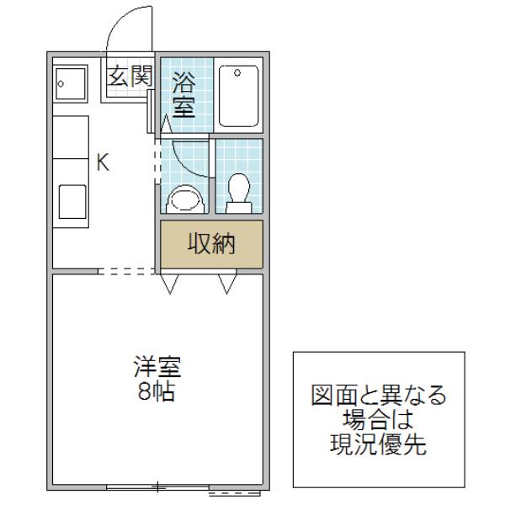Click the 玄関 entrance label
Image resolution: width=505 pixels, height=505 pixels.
click(x=130, y=76)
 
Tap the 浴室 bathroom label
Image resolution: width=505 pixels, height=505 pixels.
click(x=183, y=95)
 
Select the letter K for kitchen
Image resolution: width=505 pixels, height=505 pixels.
click(x=104, y=162)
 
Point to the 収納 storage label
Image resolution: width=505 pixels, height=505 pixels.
click(x=211, y=243)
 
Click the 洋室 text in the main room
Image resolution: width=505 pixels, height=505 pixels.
click(x=157, y=366)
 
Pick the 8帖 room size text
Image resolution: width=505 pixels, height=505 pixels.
click(x=157, y=391)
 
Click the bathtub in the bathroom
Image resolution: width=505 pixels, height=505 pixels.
click(x=239, y=96)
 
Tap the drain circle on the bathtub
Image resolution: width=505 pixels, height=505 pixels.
click(x=237, y=72)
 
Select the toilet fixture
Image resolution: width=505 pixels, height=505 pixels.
click(x=239, y=194)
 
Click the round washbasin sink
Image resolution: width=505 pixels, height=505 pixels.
click(x=185, y=199)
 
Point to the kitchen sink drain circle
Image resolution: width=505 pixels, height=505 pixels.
click(x=61, y=84)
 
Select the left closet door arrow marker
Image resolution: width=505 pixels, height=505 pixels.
click(x=170, y=284)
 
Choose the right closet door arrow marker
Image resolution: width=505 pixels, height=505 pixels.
click(x=227, y=284)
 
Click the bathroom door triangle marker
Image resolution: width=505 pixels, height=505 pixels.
click(x=166, y=124)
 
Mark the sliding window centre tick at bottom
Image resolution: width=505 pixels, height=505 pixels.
click(x=157, y=486)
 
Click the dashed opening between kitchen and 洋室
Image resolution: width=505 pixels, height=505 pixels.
click(x=126, y=272)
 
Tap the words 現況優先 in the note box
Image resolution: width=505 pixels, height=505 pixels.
click(x=379, y=444)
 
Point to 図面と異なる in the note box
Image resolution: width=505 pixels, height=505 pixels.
click(x=379, y=395)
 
